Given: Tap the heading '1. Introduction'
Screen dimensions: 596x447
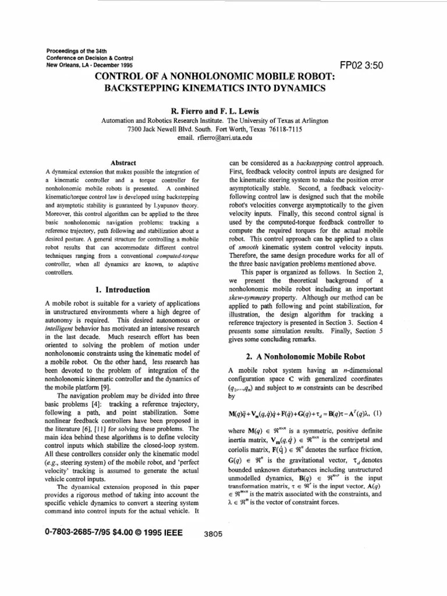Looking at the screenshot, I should pyautogui.click(x=122, y=289).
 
